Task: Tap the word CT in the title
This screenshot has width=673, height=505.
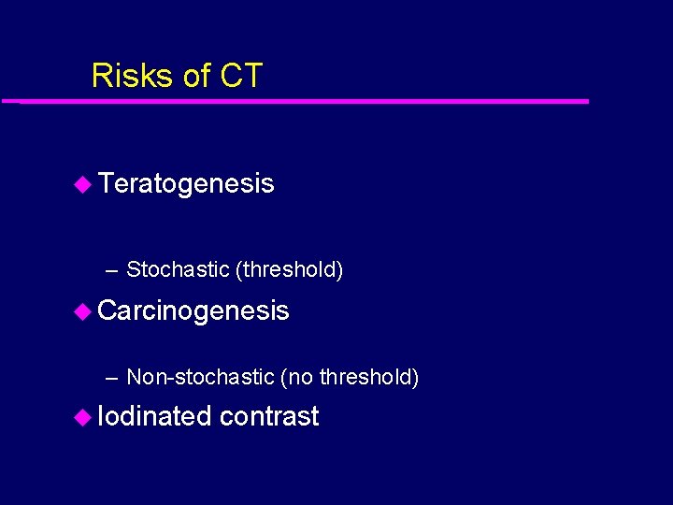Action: click(241, 76)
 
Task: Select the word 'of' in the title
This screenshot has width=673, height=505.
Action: click(196, 76)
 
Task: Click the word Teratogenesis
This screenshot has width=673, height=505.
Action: click(186, 183)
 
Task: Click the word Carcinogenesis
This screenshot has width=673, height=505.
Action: click(193, 310)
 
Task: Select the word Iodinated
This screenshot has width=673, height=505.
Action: click(154, 416)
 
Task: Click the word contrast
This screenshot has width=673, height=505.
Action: click(269, 417)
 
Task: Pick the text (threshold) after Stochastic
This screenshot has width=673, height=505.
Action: click(290, 270)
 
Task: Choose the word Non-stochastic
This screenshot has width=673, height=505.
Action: click(200, 377)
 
